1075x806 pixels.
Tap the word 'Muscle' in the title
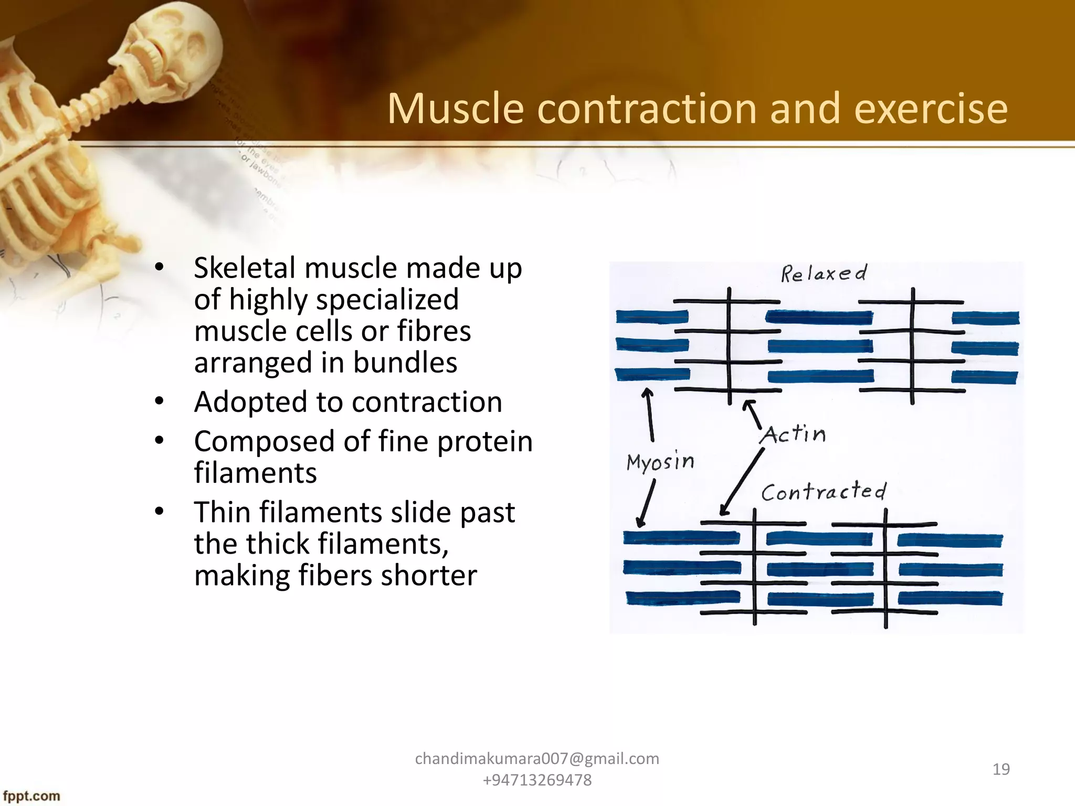(x=456, y=109)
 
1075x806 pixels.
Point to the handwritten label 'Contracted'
(x=823, y=492)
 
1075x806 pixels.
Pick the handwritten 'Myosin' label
(x=660, y=462)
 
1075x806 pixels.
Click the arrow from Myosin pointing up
(x=650, y=415)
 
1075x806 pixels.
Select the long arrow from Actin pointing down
(x=742, y=482)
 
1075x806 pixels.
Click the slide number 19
(x=1001, y=769)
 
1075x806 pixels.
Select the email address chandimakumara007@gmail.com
(x=537, y=759)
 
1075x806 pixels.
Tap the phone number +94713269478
(x=537, y=780)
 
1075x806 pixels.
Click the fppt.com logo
(x=31, y=796)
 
